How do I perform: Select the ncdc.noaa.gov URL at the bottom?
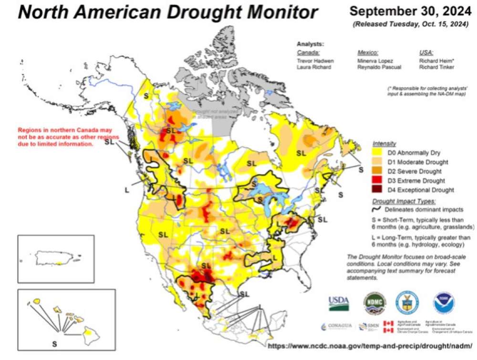370,345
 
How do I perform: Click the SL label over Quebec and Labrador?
301,153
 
